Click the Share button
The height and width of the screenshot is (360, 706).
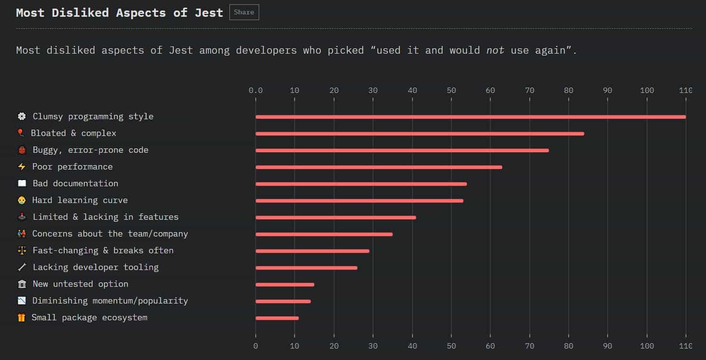[x=244, y=12]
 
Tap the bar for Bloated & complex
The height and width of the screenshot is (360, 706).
[x=420, y=134]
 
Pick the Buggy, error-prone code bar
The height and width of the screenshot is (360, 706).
[x=402, y=150]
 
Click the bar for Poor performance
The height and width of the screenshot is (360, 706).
[x=379, y=167]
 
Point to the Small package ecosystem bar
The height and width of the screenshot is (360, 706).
[x=277, y=318]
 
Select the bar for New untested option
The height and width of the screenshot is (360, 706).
[x=285, y=284]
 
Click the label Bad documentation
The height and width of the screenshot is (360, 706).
[x=75, y=183]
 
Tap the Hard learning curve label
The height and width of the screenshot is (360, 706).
[x=80, y=200]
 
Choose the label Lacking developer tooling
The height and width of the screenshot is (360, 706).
[x=95, y=267]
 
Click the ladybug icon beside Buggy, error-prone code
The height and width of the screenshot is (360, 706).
[x=22, y=150]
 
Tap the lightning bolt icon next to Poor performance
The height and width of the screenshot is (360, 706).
[x=22, y=167]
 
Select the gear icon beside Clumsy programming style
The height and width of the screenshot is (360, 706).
[x=22, y=116]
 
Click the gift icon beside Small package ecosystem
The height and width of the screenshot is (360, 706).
[x=22, y=317]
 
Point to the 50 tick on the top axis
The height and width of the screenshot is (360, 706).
[x=451, y=90]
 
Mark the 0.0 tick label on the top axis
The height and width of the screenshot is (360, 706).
[x=256, y=90]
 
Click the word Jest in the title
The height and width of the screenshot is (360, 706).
[x=209, y=12]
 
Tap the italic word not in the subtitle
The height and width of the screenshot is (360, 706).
[x=495, y=50]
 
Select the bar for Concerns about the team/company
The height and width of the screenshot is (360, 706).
[x=324, y=234]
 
